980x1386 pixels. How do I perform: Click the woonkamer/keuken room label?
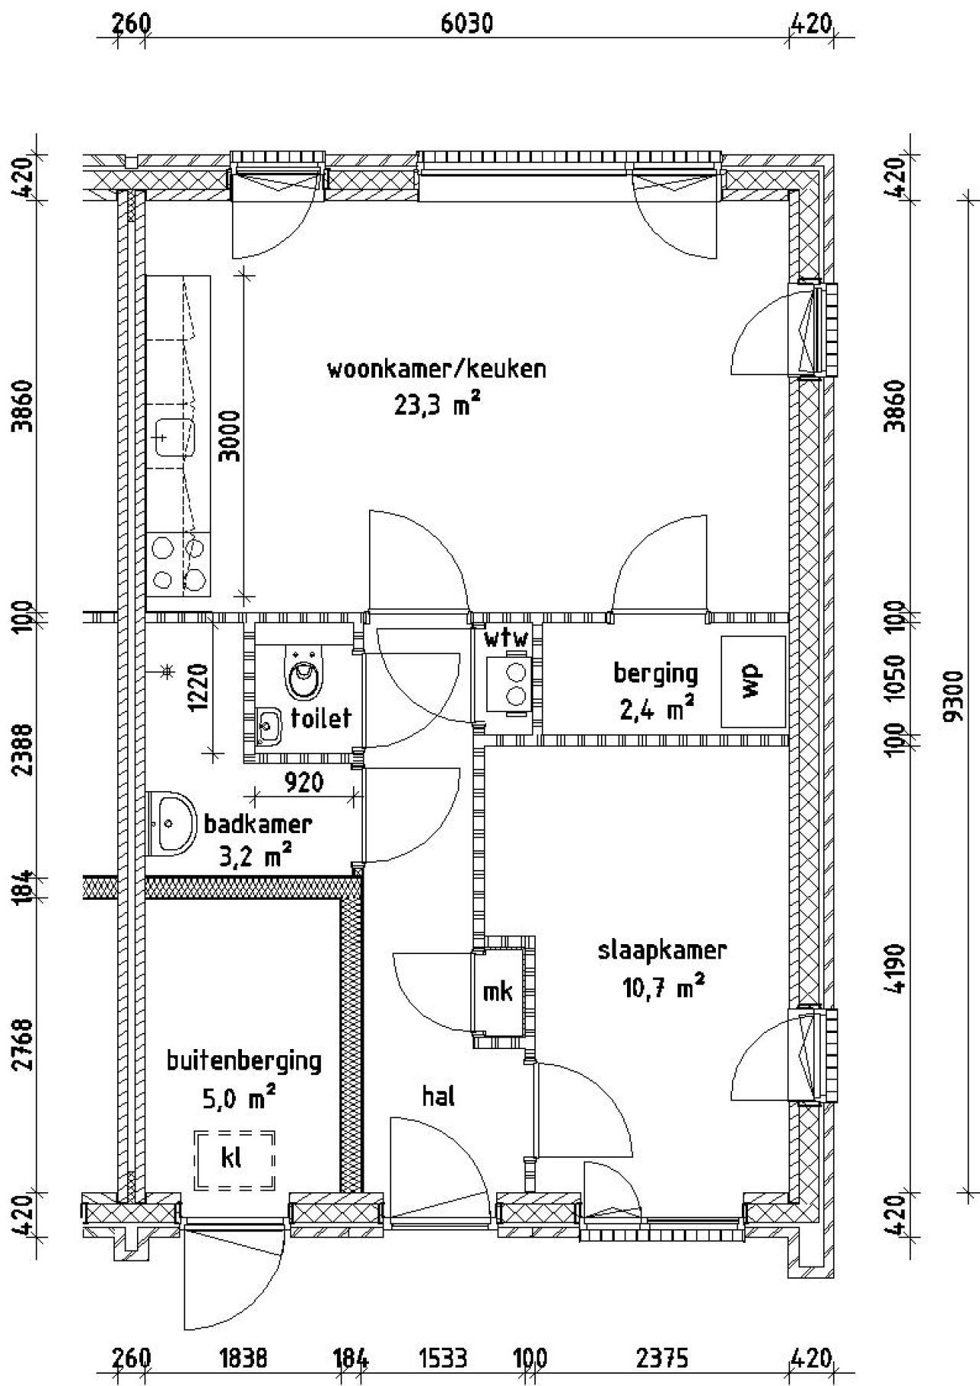[436, 369]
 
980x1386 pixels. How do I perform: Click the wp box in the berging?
[753, 682]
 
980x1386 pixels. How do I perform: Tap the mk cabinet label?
[498, 992]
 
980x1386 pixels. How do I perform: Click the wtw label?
[505, 638]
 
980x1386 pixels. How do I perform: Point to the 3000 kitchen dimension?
[230, 436]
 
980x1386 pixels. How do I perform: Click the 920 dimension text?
[304, 783]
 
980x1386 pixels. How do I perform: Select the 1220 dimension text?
[198, 688]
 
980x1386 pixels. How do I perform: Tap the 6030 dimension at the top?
[466, 24]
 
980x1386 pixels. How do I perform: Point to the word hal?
[439, 1097]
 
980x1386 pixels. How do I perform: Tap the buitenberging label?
[243, 1061]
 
